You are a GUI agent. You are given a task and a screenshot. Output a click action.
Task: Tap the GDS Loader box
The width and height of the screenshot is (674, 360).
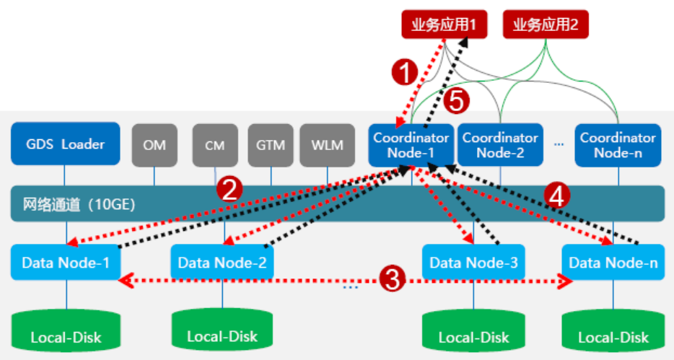[65, 144]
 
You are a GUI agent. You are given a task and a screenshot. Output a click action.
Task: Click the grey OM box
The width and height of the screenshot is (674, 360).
[154, 144]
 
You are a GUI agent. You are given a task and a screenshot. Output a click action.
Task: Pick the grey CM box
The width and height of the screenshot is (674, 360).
[214, 144]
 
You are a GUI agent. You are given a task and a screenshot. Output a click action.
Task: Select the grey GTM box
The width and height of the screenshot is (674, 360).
[271, 144]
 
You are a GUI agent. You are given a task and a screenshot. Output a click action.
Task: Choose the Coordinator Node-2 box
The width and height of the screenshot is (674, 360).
[499, 144]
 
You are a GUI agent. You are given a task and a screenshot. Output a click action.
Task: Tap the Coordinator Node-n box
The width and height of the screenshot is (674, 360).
[618, 144]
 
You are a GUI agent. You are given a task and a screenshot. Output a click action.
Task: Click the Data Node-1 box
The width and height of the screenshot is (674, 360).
[66, 263]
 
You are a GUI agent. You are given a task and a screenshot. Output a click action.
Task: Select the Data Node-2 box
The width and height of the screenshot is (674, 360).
[222, 263]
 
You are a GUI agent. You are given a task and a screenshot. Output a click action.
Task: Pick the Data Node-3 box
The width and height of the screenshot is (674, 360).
[473, 263]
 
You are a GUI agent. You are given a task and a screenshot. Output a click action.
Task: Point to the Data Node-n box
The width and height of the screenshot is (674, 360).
[613, 263]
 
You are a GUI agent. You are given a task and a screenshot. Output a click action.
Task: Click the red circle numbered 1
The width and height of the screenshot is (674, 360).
[405, 72]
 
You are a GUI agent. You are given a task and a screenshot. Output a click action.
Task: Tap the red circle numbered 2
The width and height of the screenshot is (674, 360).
[230, 189]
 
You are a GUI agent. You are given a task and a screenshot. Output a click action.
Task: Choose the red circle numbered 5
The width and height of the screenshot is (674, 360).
[455, 101]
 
